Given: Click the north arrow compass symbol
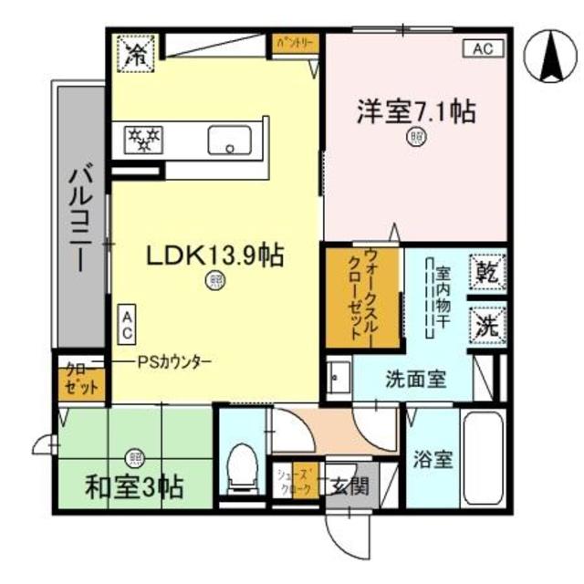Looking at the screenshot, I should (549, 57).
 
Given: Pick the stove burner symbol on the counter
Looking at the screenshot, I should (143, 140).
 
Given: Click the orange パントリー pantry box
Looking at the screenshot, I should (294, 42).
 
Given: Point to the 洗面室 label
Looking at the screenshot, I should (415, 379).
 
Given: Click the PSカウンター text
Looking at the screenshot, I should (175, 361).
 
